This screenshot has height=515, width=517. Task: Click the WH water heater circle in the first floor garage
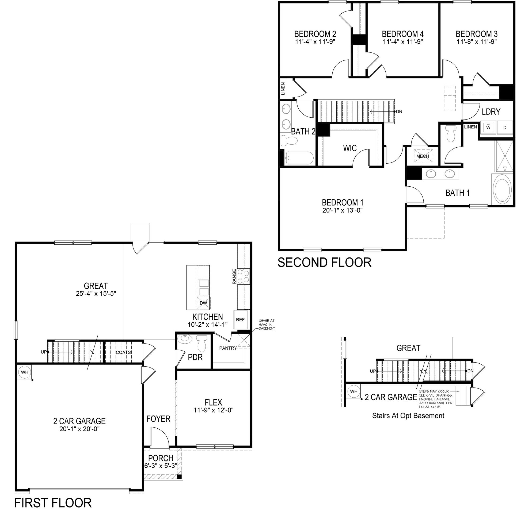(x=25, y=372)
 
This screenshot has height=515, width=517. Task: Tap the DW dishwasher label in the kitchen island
(x=203, y=303)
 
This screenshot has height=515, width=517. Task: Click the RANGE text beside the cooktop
(x=234, y=276)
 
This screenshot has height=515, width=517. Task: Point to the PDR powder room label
(x=195, y=357)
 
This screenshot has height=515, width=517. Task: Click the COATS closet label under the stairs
(x=123, y=352)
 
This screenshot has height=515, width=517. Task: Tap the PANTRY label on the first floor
(x=228, y=348)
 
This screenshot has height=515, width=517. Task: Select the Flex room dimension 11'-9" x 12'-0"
(x=214, y=410)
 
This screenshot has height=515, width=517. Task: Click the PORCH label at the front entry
(x=161, y=458)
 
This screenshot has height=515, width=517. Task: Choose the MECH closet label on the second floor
(x=423, y=156)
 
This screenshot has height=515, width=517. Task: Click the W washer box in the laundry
(x=488, y=128)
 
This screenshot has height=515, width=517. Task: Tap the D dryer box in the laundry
(x=505, y=128)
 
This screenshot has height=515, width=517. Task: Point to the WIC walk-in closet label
(x=350, y=148)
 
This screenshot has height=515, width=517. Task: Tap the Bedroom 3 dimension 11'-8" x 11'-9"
(x=477, y=42)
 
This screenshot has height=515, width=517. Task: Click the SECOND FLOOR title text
(x=324, y=262)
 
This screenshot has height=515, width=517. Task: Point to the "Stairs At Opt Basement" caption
(x=408, y=416)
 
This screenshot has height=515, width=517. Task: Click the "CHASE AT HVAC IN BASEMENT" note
(x=266, y=324)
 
